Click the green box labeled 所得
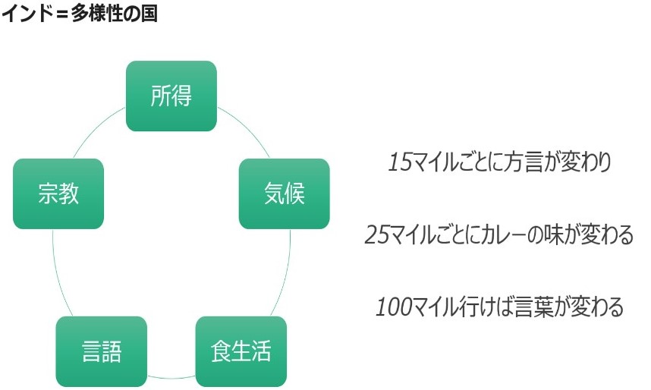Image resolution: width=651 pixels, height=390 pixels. (171, 96)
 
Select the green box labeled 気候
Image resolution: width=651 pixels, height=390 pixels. (284, 193)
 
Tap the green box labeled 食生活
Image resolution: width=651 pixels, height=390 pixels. (241, 351)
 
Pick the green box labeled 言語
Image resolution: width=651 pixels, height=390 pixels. (101, 351)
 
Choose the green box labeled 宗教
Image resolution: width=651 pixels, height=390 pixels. (58, 193)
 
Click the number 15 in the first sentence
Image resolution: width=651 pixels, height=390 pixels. (399, 162)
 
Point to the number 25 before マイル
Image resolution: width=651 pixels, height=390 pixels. (377, 234)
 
